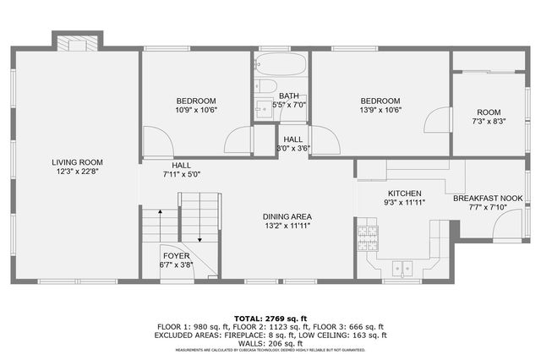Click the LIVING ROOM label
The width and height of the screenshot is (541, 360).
(x=77, y=162)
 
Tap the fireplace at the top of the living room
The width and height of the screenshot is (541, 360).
(x=77, y=42)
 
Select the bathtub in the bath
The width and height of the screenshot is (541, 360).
(x=281, y=64)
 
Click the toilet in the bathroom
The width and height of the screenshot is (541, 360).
(x=265, y=86)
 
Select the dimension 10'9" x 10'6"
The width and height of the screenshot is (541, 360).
(x=196, y=110)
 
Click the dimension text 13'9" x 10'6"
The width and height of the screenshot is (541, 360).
(x=380, y=110)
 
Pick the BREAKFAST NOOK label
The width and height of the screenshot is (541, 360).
(x=488, y=199)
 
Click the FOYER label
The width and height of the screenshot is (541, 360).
(x=176, y=255)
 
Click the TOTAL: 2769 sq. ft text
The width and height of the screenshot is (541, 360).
(x=270, y=317)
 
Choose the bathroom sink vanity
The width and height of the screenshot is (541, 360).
(x=263, y=107)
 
